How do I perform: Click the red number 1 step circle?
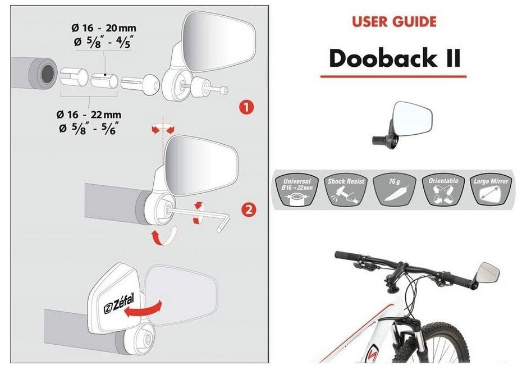coord(246,108)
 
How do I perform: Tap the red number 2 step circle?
coord(249,210)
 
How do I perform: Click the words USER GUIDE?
coord(394,22)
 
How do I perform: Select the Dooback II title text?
coord(395,58)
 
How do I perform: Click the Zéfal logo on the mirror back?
coord(118,304)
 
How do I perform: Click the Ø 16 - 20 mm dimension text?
coord(104,28)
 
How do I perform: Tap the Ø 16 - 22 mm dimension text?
coord(89,115)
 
